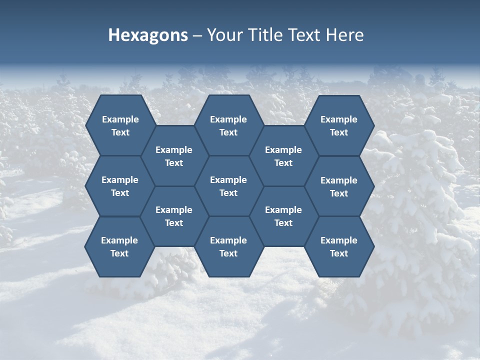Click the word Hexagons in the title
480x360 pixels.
click(148, 35)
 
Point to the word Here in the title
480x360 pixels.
click(344, 35)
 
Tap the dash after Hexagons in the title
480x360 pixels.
click(197, 35)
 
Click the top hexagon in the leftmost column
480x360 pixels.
click(120, 125)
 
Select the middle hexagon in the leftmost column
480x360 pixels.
click(120, 186)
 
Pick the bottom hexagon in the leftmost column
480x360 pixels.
click(119, 246)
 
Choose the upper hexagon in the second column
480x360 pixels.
click(174, 156)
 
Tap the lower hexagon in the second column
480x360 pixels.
click(174, 216)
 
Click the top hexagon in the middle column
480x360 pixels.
click(228, 125)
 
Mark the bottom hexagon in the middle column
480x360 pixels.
click(228, 246)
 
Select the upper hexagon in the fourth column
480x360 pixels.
click(283, 156)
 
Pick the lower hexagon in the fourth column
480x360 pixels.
click(283, 216)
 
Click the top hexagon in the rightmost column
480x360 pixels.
click(339, 125)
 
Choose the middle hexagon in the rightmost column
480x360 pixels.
click(339, 186)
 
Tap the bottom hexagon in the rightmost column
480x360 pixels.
click(339, 246)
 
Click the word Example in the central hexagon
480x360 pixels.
click(228, 180)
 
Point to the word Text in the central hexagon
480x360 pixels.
click(228, 193)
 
